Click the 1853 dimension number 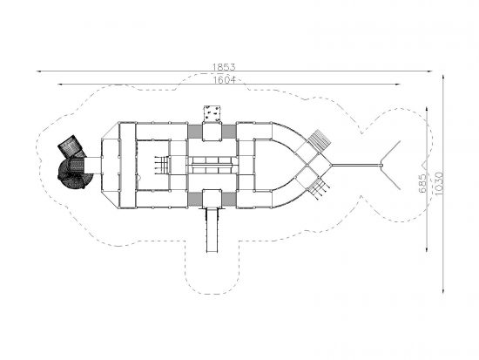pos(224,66)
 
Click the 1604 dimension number pos(225,80)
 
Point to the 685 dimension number pos(422,183)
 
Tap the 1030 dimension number pos(438,183)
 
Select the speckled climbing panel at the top pos(213,113)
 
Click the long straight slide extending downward pos(212,229)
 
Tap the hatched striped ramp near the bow pos(320,140)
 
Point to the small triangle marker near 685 pos(424,165)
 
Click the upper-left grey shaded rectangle pos(194,132)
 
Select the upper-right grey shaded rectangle pos(229,132)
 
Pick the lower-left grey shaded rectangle pos(194,199)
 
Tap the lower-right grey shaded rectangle pos(229,199)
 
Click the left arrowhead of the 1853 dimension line pos(38,71)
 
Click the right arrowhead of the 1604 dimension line pos(398,84)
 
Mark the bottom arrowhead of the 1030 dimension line pos(443,290)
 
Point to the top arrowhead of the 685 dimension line pos(427,110)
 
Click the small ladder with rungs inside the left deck pos(162,165)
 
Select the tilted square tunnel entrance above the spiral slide pos(71,146)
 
